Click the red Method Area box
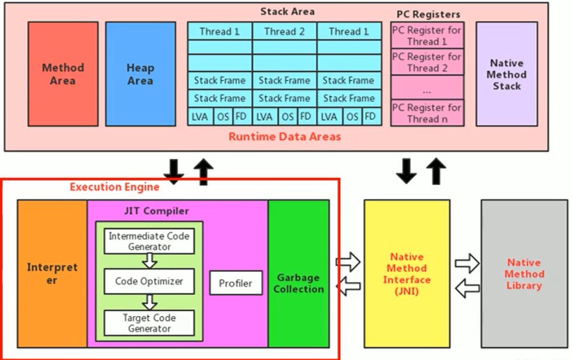click(63, 74)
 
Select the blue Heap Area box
click(140, 74)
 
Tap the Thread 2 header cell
click(284, 31)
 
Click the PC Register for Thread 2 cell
click(427, 62)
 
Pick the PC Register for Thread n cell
click(427, 113)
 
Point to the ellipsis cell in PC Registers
click(427, 87)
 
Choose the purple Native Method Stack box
click(506, 74)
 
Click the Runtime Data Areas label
click(285, 137)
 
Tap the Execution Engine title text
click(114, 187)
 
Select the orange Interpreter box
click(52, 273)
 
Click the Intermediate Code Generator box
click(149, 241)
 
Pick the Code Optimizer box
click(149, 281)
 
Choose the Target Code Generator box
click(149, 323)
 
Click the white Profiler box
click(236, 283)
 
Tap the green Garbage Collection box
click(299, 273)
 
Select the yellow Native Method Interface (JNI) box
click(407, 273)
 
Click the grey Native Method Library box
click(524, 273)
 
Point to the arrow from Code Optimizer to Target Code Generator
click(149, 302)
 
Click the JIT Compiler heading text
click(156, 211)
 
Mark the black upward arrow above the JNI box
click(436, 171)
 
